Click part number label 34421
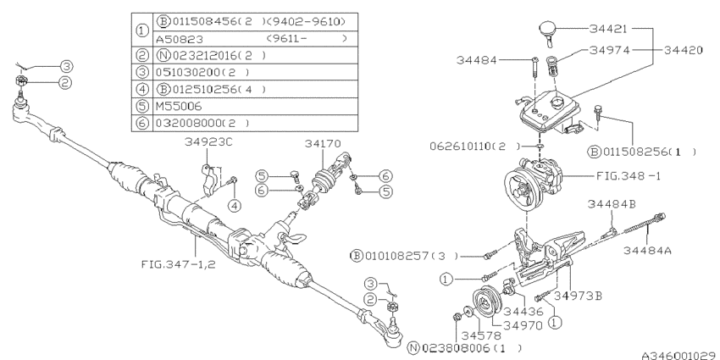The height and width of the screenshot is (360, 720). pos(610,28)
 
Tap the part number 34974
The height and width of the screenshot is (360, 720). pos(610,51)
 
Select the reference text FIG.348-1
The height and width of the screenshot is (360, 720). pos(610,178)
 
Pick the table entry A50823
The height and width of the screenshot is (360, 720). pos(179,38)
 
